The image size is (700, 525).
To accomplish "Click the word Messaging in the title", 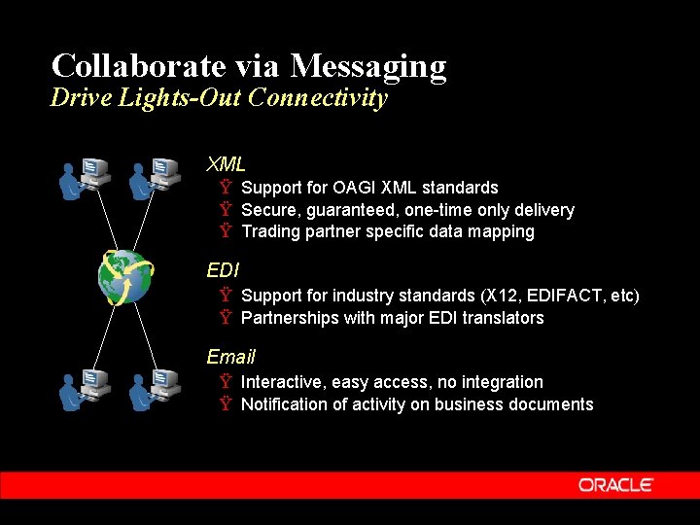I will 368,66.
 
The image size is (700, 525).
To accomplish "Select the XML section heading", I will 226,163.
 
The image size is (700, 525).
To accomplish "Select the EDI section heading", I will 223,269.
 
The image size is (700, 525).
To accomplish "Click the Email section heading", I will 230,357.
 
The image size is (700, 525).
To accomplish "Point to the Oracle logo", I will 615,485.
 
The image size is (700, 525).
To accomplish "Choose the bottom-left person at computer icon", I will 85,391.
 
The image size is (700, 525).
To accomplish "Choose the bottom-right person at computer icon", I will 156,391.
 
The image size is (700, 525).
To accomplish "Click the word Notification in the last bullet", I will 284,404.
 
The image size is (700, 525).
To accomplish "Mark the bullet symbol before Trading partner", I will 225,231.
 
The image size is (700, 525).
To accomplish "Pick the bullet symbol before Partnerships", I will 225,318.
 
